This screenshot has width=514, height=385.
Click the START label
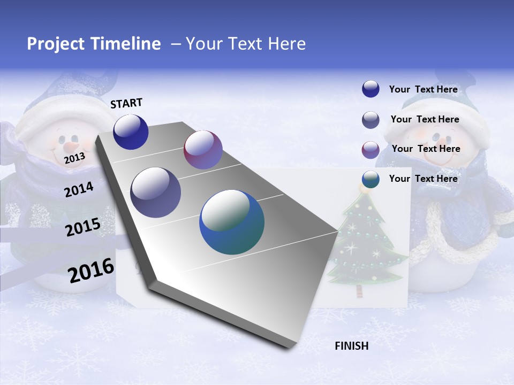pyautogui.click(x=126, y=103)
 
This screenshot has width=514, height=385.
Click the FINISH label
pyautogui.click(x=351, y=346)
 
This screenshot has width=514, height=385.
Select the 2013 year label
pyautogui.click(x=75, y=158)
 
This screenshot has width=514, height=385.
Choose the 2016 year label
pyautogui.click(x=91, y=270)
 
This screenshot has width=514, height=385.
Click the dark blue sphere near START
pyautogui.click(x=131, y=132)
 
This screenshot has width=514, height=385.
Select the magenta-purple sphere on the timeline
pyautogui.click(x=203, y=150)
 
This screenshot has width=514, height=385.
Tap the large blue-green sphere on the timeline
pyautogui.click(x=232, y=222)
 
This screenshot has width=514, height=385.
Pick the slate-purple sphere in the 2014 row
pyautogui.click(x=156, y=192)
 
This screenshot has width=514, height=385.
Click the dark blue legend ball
pyautogui.click(x=371, y=89)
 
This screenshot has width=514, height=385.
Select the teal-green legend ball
pyautogui.click(x=371, y=179)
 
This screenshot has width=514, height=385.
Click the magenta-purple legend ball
pyautogui.click(x=371, y=150)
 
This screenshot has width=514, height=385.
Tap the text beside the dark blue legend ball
pyautogui.click(x=423, y=89)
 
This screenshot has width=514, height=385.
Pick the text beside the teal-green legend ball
pyautogui.click(x=423, y=179)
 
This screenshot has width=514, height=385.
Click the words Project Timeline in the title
pyautogui.click(x=94, y=44)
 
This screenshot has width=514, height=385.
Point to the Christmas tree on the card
pyautogui.click(x=365, y=246)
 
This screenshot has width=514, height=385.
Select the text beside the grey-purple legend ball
pyautogui.click(x=425, y=119)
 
